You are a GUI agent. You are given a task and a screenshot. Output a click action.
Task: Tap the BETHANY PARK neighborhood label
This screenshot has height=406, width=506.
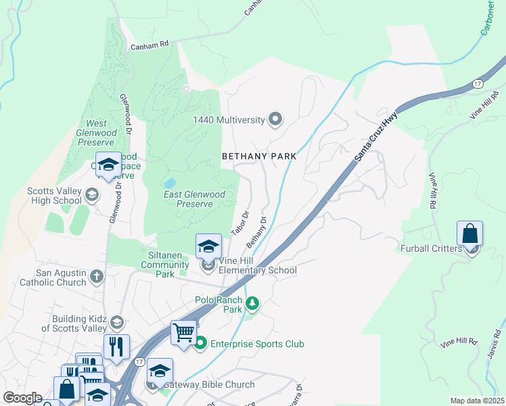point(259,156)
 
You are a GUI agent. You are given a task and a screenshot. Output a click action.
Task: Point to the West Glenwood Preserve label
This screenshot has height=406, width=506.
point(96,133)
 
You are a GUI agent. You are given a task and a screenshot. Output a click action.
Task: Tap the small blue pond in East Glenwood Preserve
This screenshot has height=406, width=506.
point(170,183)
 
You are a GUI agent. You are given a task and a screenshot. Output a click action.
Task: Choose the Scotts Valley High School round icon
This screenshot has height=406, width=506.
point(91,196)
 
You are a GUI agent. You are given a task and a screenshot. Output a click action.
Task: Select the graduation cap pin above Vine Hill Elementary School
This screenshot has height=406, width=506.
point(209,246)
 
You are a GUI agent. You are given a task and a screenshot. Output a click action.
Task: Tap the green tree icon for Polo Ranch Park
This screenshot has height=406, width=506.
point(252,302)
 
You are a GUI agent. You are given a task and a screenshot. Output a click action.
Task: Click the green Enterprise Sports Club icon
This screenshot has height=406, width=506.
point(200,344)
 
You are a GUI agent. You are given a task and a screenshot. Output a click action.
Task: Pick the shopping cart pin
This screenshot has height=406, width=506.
point(183,333)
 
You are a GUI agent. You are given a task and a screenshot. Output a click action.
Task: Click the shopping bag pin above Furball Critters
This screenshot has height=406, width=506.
point(469,234)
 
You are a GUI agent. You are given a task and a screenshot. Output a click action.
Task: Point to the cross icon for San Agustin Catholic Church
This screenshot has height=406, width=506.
point(97,277)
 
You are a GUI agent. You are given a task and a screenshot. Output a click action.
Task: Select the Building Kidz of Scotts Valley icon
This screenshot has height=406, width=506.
point(117,322)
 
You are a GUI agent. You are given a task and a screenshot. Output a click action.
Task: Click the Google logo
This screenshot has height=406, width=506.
point(22,398)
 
